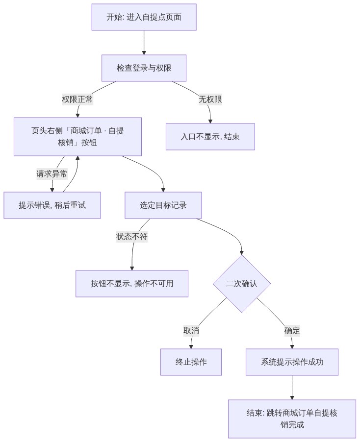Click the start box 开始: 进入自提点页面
(x=144, y=17)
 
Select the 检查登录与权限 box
(x=144, y=68)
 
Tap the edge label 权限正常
(x=77, y=99)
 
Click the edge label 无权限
(x=210, y=99)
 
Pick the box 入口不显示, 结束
(x=210, y=137)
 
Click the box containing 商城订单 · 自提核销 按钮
(x=77, y=137)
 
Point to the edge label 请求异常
(x=52, y=173)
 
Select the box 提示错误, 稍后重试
(x=52, y=205)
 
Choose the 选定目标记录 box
(x=163, y=205)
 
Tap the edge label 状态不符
(x=132, y=236)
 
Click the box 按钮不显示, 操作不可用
(x=132, y=284)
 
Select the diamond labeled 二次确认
(x=241, y=284)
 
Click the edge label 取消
(x=191, y=330)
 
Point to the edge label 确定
(x=292, y=330)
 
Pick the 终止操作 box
(x=191, y=362)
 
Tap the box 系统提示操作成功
(x=292, y=362)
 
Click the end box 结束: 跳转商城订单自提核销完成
(x=292, y=418)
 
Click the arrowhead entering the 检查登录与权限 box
(x=144, y=53)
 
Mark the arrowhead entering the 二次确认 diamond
(x=241, y=252)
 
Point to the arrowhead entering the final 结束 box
(x=292, y=397)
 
